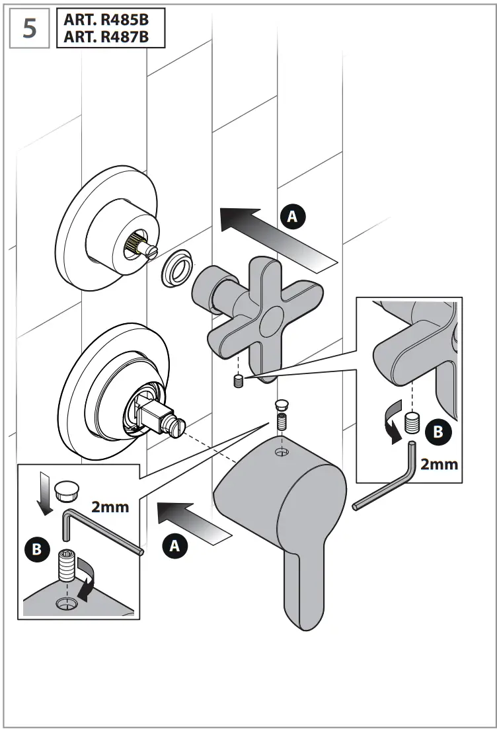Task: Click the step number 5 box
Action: [30, 30]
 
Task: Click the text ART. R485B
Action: [105, 20]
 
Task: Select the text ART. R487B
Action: [105, 38]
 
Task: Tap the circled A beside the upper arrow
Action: [293, 215]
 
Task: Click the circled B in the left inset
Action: [37, 549]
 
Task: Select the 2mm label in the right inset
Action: [439, 463]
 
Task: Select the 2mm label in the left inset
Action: [110, 507]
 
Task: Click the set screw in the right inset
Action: [412, 421]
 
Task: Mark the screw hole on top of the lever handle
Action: [282, 453]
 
